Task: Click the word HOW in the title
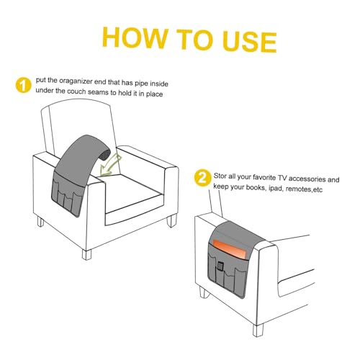click(135, 37)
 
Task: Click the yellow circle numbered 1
click(23, 85)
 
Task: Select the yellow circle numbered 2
click(202, 178)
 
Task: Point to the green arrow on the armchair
click(110, 166)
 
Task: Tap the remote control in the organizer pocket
click(220, 266)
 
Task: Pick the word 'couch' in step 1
click(77, 91)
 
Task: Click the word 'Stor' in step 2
click(220, 176)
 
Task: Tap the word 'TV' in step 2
click(282, 178)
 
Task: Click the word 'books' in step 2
click(256, 187)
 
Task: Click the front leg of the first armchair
click(86, 254)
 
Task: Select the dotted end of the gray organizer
click(105, 153)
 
